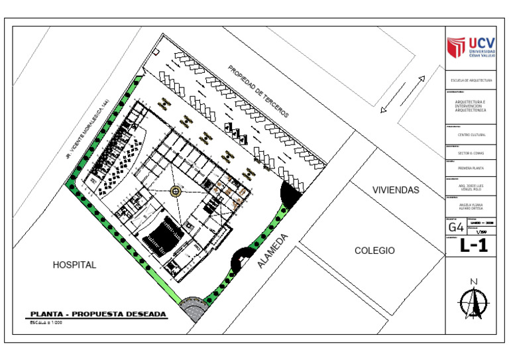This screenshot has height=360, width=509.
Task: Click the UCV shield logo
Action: click(455, 47)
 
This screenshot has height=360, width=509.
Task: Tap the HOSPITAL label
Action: click(74, 265)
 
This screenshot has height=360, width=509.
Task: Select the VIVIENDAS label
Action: click(396, 190)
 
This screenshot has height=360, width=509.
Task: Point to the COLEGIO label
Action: click(374, 251)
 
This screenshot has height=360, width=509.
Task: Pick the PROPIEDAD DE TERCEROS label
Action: click(258, 91)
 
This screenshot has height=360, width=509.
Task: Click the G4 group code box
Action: click(456, 227)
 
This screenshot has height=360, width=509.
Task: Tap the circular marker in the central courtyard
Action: click(176, 191)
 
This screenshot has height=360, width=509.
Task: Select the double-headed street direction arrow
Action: click(402, 94)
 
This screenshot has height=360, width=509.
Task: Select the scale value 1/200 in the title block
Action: click(481, 232)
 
